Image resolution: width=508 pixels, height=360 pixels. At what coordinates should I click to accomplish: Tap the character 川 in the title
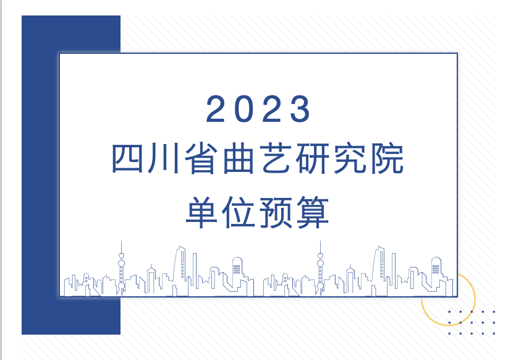point(165,160)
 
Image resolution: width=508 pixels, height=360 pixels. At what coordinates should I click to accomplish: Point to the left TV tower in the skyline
point(122,266)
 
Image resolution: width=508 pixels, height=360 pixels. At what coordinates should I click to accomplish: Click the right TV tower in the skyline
point(320,266)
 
